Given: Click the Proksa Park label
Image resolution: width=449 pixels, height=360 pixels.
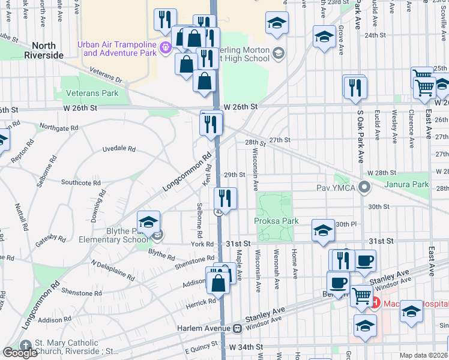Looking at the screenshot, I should pyautogui.click(x=276, y=221).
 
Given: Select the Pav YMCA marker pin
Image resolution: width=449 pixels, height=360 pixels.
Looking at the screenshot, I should pyautogui.click(x=364, y=188).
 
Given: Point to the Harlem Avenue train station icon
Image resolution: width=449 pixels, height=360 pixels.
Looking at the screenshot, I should pyautogui.click(x=238, y=328).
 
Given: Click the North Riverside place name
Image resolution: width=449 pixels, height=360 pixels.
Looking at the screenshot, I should pyautogui.click(x=44, y=50).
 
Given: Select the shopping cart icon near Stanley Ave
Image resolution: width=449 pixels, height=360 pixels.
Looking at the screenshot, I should pyautogui.click(x=361, y=295).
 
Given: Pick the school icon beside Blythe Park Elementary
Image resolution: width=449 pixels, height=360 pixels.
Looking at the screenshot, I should pyautogui.click(x=149, y=222).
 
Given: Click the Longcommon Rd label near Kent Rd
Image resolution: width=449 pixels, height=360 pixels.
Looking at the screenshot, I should pyautogui.click(x=188, y=172).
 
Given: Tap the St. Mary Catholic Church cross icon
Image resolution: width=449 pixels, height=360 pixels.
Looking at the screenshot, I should pyautogui.click(x=25, y=346).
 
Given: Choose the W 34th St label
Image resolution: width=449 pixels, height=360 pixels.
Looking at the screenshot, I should pyautogui.click(x=246, y=347).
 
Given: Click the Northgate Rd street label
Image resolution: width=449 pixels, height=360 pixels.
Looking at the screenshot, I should pyautogui.click(x=58, y=127).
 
